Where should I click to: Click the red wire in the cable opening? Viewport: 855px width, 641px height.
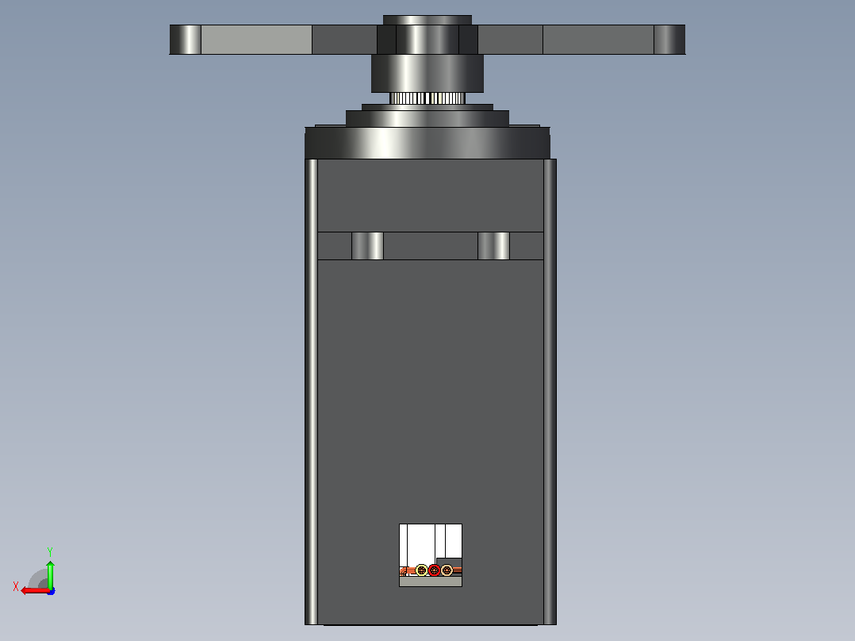[x=434, y=570]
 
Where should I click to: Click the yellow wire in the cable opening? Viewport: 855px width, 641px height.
[x=421, y=570]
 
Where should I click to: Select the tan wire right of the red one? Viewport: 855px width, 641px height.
[x=447, y=570]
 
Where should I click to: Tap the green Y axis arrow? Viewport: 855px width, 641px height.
[x=50, y=574]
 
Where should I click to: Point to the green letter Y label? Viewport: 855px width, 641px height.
[x=50, y=551]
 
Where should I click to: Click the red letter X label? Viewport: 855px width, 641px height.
[x=16, y=587]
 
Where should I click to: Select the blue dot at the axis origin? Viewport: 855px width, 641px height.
[x=52, y=591]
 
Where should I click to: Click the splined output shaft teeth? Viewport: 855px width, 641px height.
[x=427, y=98]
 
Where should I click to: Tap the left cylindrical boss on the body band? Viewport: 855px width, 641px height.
[x=367, y=246]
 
